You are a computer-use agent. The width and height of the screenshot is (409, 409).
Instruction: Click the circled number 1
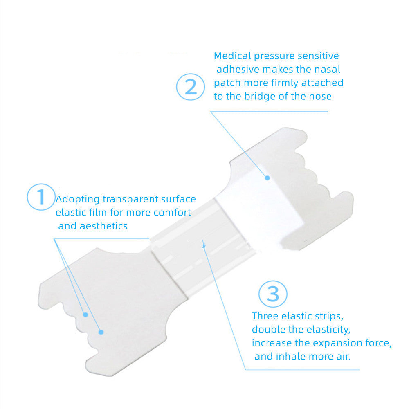41,197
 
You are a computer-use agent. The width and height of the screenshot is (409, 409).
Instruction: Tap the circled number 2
191,86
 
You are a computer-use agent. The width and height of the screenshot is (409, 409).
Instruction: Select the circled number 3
273,293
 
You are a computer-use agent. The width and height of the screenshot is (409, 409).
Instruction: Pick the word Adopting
78,200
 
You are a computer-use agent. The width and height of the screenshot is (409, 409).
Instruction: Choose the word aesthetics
101,226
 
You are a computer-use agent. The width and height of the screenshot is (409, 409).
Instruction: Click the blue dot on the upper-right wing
267,178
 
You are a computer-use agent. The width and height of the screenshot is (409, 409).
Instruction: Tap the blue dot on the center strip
203,245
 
